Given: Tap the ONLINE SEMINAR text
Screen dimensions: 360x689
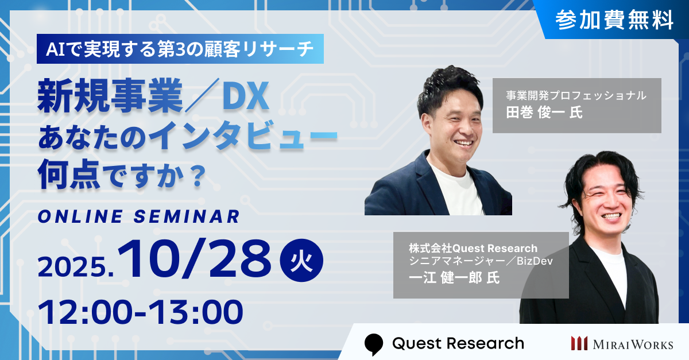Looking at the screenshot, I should tap(137, 216).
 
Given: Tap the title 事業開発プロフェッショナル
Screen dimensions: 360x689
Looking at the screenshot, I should tap(576, 95).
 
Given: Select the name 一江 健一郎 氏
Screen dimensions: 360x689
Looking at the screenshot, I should tap(447, 278).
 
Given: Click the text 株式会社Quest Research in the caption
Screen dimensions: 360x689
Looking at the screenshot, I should tap(473, 249).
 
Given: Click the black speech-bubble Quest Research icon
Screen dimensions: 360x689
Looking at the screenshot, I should tap(373, 343).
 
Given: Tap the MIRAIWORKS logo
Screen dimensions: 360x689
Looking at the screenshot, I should tap(621, 343).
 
